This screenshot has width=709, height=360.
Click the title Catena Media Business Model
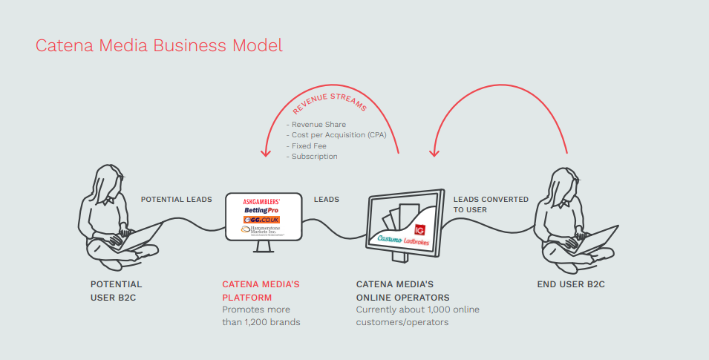pos(159,45)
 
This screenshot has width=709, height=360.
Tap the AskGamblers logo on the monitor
pos(264,201)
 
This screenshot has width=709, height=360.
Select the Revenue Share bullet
pos(316,125)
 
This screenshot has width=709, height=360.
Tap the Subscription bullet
pos(312,157)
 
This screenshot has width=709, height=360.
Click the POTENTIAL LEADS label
pos(176,200)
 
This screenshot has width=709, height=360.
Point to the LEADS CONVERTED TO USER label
pos(491,204)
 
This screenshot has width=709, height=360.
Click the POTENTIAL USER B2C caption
pos(116,290)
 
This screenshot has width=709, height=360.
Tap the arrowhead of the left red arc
pos(264,152)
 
